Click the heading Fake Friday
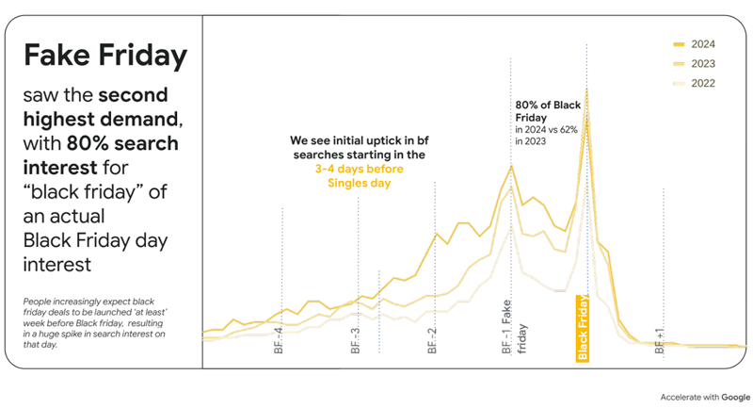105,56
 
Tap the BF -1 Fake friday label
514,327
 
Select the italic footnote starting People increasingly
94,323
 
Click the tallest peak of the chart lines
586,90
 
